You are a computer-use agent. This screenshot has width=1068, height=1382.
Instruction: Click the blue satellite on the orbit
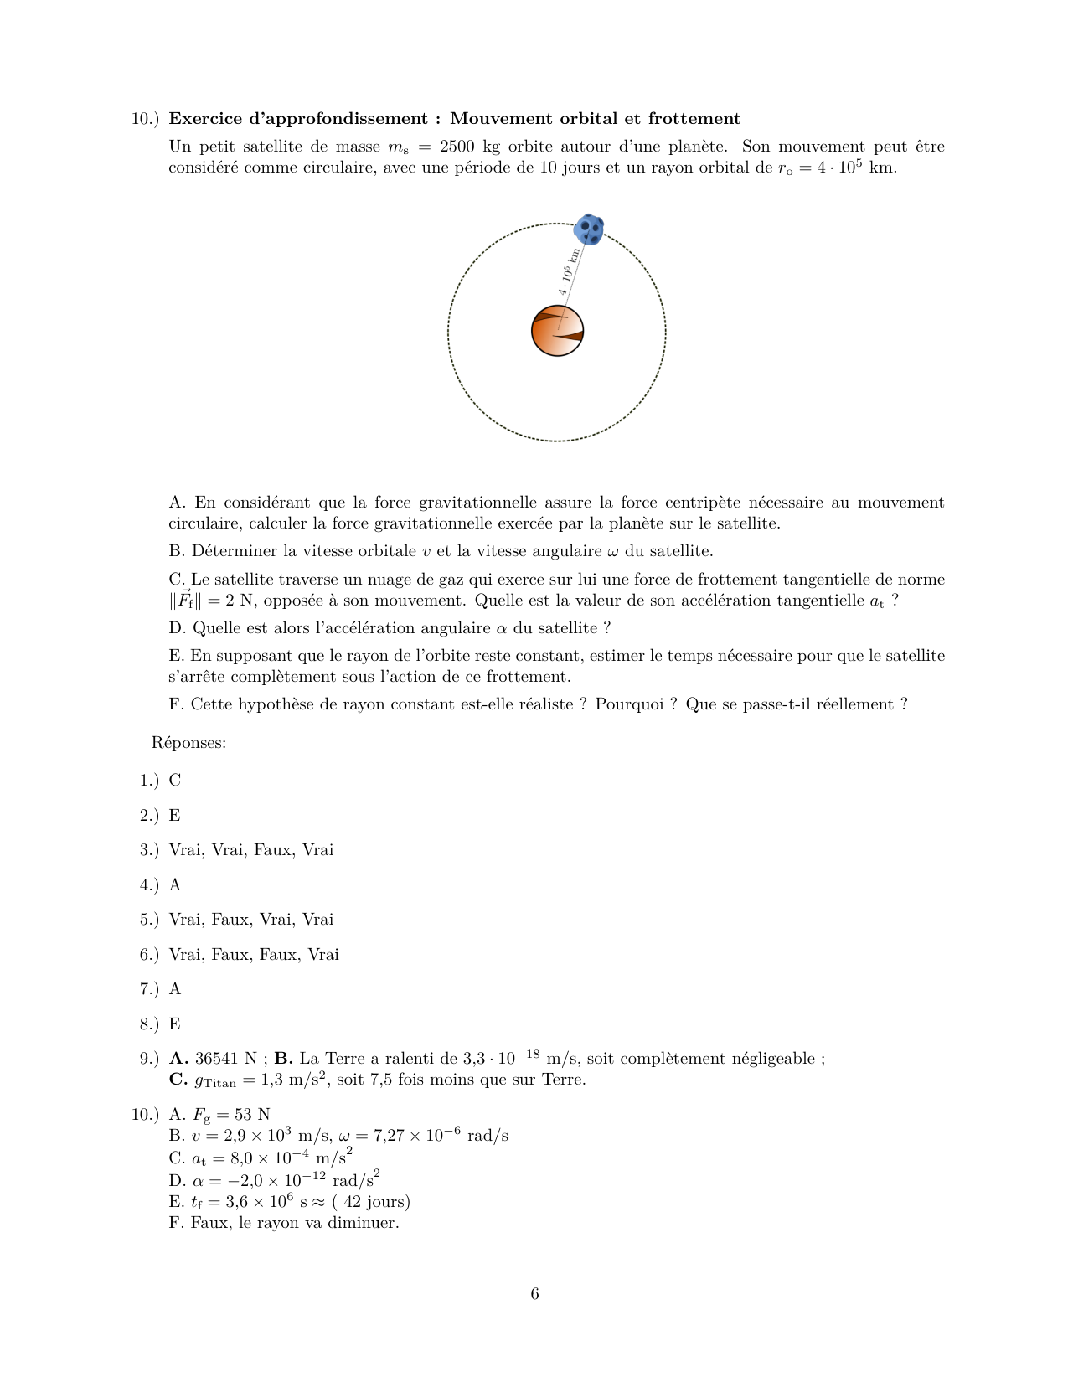pyautogui.click(x=590, y=229)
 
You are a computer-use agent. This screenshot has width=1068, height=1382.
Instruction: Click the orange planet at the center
pyautogui.click(x=557, y=332)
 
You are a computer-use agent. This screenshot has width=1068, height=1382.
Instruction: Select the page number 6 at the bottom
pyautogui.click(x=534, y=1294)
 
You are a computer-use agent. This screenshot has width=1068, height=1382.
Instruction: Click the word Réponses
pyautogui.click(x=188, y=743)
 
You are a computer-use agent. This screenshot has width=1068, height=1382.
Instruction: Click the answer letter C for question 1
pyautogui.click(x=175, y=781)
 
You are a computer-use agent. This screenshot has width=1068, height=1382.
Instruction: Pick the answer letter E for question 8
pyautogui.click(x=174, y=1024)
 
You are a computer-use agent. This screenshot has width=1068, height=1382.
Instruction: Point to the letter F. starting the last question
pyautogui.click(x=176, y=704)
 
